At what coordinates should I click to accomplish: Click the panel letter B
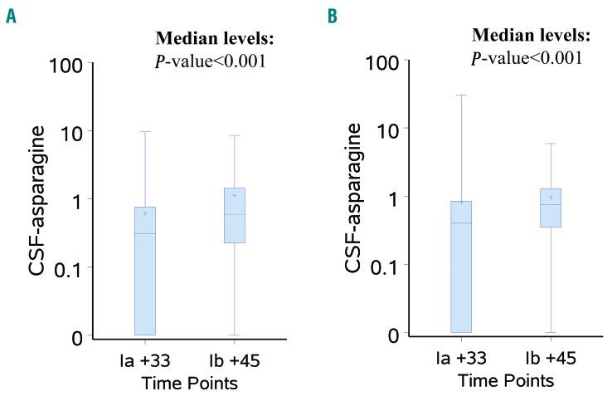[332, 16]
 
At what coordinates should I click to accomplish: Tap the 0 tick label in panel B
[401, 333]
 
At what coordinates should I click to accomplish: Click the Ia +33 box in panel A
[145, 271]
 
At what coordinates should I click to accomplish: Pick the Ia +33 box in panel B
[461, 267]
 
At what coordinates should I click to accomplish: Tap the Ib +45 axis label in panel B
[551, 359]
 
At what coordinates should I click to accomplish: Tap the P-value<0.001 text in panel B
[527, 57]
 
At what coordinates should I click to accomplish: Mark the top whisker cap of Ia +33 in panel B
[461, 95]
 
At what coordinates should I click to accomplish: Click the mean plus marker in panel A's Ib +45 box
[234, 195]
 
